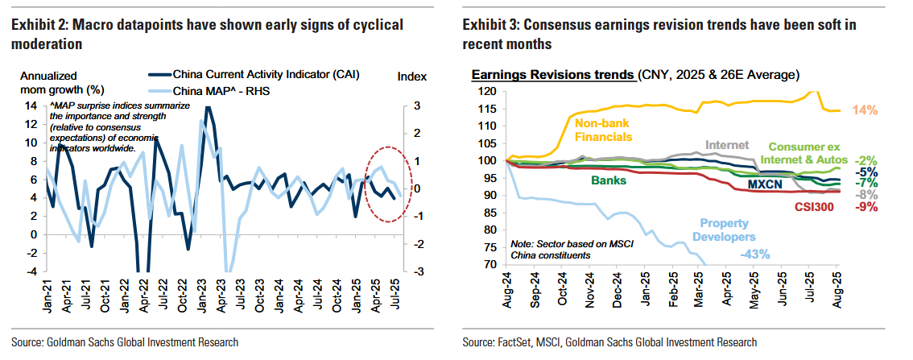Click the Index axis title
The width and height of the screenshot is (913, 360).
click(x=413, y=76)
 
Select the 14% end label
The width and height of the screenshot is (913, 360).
click(x=865, y=110)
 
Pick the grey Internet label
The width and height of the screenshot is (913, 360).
click(x=726, y=146)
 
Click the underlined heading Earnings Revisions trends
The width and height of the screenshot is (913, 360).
click(x=552, y=75)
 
